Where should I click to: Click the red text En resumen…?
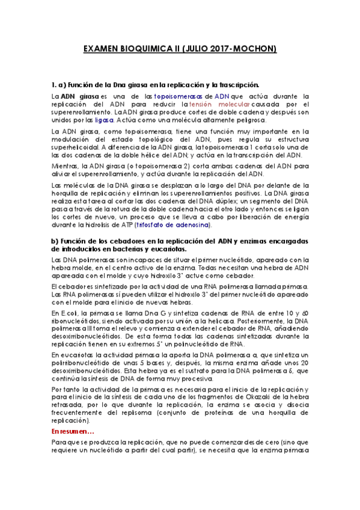(73, 432)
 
